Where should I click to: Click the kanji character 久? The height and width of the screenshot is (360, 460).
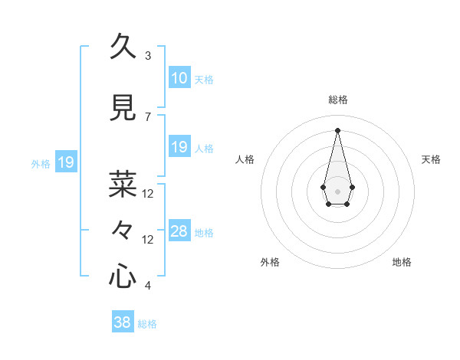[123, 47]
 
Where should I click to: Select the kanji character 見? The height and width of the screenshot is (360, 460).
[123, 109]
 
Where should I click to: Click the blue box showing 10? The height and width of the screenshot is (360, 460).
[179, 78]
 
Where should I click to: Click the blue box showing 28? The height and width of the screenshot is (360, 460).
[179, 231]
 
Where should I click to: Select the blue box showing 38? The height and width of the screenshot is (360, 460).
[123, 322]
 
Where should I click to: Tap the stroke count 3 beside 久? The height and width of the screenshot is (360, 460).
[148, 56]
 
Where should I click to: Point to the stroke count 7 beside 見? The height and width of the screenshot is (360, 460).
[148, 117]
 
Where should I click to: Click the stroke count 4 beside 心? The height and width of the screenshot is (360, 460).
[148, 286]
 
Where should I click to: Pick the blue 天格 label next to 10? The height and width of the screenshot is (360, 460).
[204, 79]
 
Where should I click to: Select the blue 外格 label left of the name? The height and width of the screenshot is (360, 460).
[41, 163]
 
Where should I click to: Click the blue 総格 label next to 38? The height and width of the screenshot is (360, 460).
[147, 324]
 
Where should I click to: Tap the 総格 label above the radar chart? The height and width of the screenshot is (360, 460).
[337, 100]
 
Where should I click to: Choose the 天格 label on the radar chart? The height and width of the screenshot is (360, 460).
[432, 159]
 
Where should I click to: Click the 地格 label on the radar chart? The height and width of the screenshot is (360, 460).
[402, 262]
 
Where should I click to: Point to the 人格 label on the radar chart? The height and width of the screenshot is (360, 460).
[245, 159]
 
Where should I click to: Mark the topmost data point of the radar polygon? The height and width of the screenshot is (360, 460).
[337, 130]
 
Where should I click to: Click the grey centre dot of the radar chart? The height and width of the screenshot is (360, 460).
[337, 190]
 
